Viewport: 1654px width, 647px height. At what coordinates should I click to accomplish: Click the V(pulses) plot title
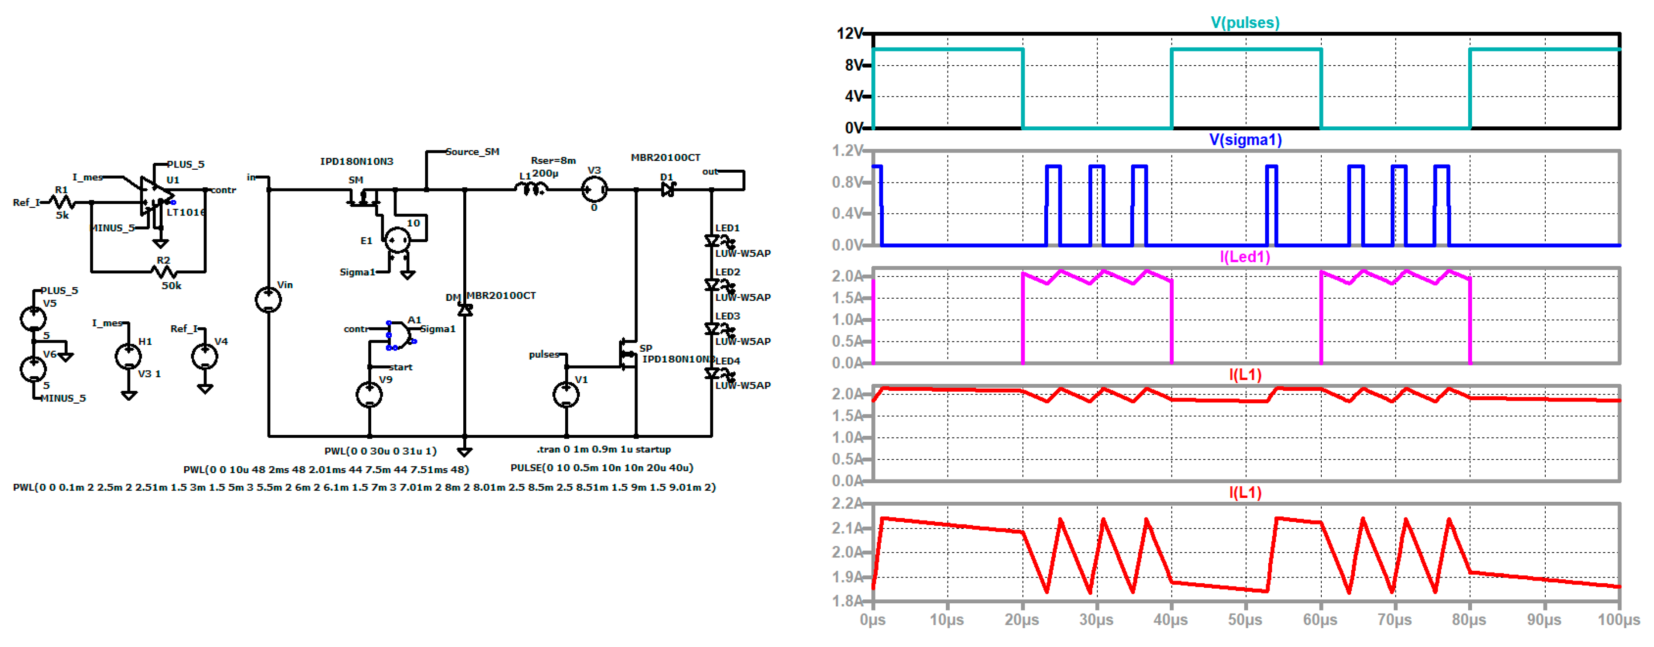tap(1244, 22)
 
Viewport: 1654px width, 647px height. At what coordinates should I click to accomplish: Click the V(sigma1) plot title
tap(1245, 140)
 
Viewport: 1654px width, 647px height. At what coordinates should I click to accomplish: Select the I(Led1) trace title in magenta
tap(1244, 257)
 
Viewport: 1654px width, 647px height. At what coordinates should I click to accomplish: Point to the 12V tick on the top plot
tap(849, 33)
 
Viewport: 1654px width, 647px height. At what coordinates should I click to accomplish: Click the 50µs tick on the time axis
tap(1245, 620)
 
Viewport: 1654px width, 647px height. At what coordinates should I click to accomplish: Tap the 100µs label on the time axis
tap(1618, 620)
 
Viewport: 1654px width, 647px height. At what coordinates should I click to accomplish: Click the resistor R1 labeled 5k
tap(63, 203)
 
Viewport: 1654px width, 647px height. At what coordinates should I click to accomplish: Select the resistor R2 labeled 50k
tap(164, 272)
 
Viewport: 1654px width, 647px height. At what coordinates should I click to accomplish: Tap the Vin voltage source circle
tap(268, 300)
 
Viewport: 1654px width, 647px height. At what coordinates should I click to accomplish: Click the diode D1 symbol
tap(668, 189)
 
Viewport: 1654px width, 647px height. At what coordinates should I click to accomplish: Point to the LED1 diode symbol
tap(712, 241)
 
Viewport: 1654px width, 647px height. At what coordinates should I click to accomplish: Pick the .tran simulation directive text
tap(604, 449)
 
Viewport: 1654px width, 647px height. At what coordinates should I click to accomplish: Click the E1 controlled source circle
tap(397, 240)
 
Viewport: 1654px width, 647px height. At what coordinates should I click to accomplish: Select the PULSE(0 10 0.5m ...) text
tap(602, 468)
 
